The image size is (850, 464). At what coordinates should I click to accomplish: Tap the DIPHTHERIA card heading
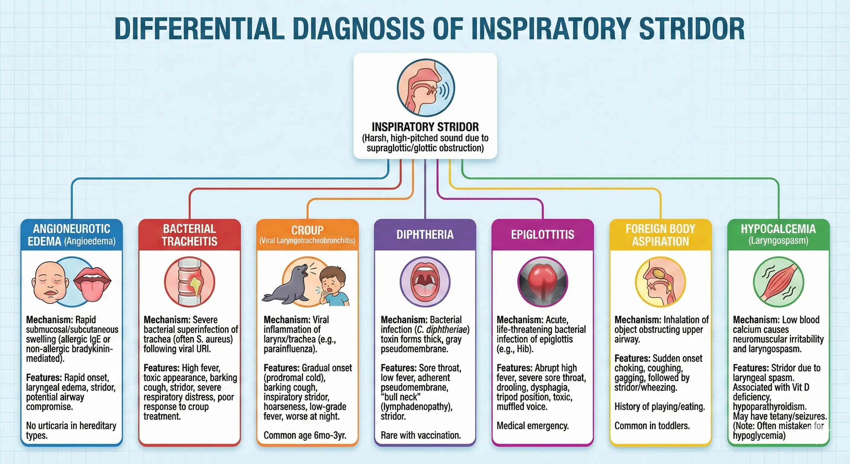[425, 234]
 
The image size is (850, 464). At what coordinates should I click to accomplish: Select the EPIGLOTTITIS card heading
[542, 234]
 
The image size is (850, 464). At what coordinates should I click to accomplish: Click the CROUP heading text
[307, 230]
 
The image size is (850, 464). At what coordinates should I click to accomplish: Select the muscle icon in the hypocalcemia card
[778, 282]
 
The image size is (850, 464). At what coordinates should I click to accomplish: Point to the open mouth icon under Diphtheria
[425, 282]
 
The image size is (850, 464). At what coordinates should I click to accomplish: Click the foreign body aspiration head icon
[660, 282]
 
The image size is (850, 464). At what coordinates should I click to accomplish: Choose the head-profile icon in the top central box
[426, 88]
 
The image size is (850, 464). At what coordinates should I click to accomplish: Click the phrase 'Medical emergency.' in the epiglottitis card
[532, 426]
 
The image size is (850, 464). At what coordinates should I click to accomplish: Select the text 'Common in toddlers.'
[652, 426]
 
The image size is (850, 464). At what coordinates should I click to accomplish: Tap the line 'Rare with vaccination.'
[421, 435]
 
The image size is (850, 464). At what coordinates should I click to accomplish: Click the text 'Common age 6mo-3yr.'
[305, 435]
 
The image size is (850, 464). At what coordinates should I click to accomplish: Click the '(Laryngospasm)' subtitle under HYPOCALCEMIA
[778, 240]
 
